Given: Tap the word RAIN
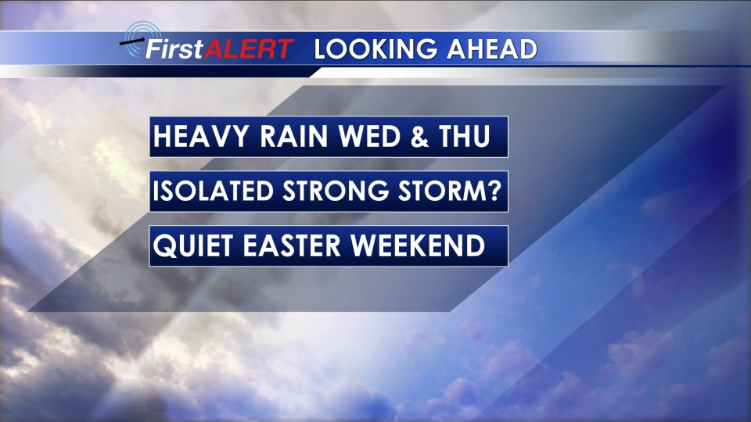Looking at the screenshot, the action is [x=293, y=136].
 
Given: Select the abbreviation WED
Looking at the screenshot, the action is [x=369, y=136].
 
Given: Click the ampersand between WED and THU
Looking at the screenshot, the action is [x=419, y=136].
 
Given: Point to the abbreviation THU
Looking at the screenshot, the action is [x=464, y=136].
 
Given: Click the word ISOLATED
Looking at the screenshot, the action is [x=213, y=191].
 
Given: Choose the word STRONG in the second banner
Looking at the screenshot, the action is [x=336, y=191].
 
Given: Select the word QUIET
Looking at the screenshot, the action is [x=193, y=246].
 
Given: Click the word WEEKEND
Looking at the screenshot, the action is [x=418, y=245].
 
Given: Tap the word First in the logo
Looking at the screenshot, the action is [x=174, y=48].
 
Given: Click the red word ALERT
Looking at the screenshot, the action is [x=249, y=48].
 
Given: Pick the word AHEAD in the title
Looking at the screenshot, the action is [x=492, y=49].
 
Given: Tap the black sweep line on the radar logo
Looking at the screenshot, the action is [x=131, y=41].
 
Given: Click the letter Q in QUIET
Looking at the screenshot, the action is [x=165, y=246].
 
